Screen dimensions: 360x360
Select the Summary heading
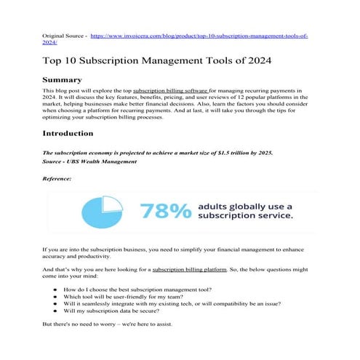tap(67, 79)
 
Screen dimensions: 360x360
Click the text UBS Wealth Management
tap(103, 161)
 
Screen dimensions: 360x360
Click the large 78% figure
tap(165, 211)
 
